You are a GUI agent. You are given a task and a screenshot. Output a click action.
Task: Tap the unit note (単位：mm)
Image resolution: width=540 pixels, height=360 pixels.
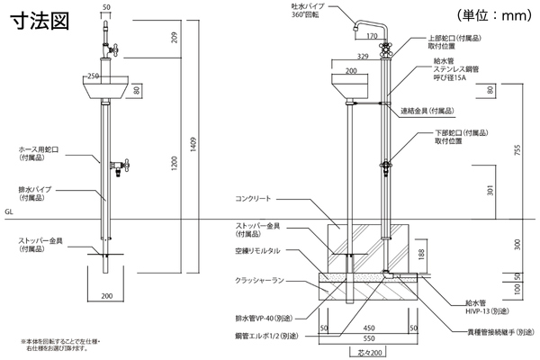pos(493,14)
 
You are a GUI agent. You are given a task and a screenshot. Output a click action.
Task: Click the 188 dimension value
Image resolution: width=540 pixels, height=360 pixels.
pos(424,256)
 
